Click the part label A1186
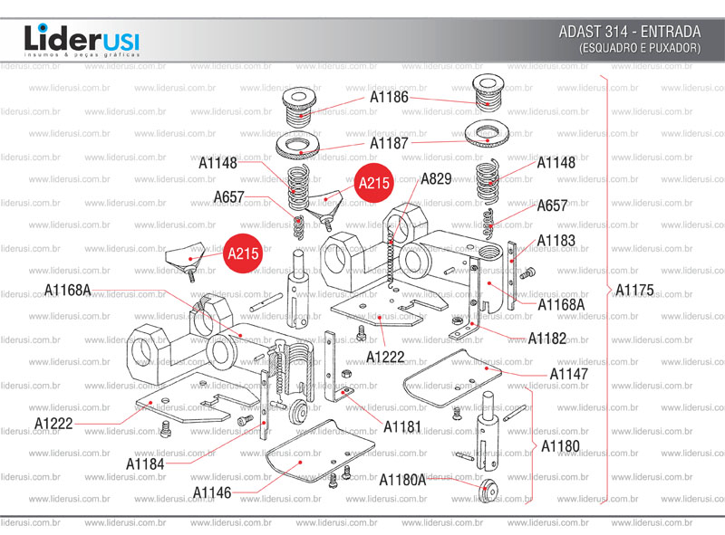point(389,97)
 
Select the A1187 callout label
point(389,143)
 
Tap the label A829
point(436,179)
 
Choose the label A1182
point(547,339)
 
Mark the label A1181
point(402,425)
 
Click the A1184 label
point(145,463)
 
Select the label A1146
point(212,492)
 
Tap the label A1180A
point(402,479)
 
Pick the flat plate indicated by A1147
point(449,380)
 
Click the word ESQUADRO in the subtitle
point(608,47)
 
